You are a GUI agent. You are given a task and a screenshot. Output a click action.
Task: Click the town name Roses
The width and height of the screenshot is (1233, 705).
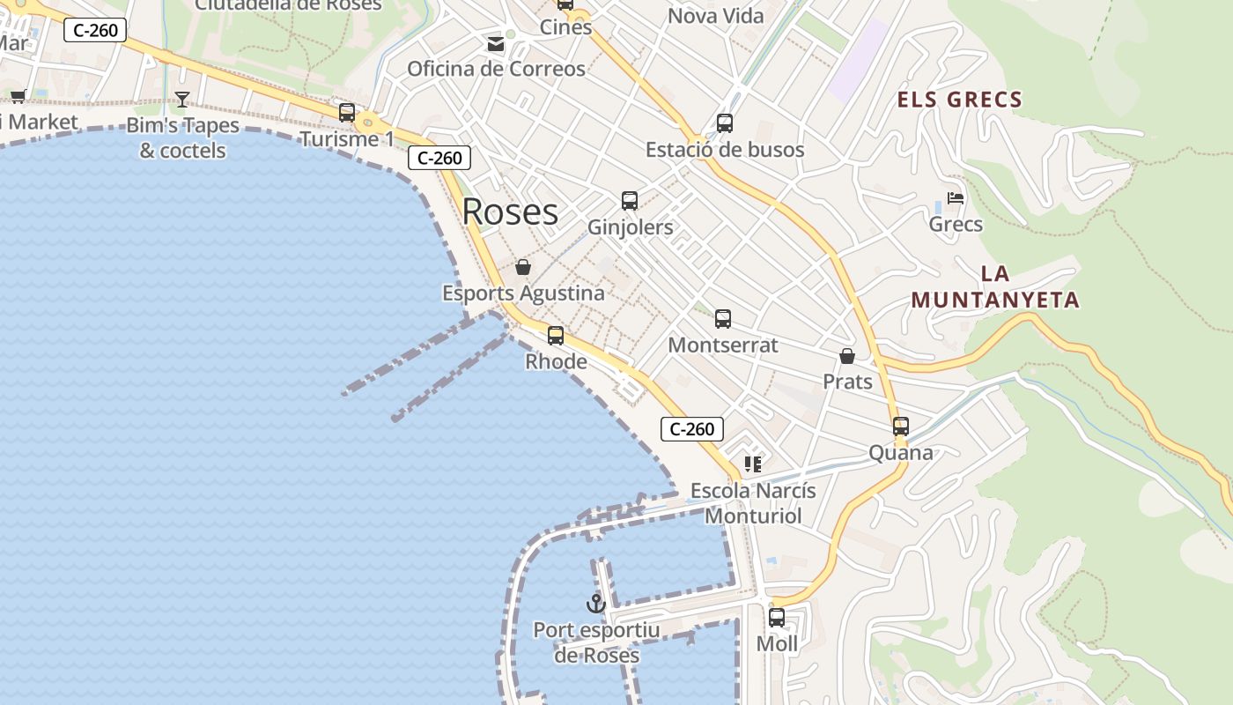point(510,212)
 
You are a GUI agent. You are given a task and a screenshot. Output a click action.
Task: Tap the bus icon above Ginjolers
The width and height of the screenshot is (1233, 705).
point(630,201)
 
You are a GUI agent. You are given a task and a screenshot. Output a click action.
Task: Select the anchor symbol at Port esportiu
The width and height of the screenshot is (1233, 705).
point(596,604)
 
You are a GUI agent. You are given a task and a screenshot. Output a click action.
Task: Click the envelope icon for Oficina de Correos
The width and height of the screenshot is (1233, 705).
point(496,43)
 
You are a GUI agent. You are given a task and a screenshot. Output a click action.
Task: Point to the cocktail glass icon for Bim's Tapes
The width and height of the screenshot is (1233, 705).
point(182,99)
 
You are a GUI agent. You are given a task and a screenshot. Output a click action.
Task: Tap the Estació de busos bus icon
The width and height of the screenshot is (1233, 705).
point(725,123)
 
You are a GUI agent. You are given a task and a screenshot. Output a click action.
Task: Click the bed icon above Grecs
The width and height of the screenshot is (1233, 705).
point(956,198)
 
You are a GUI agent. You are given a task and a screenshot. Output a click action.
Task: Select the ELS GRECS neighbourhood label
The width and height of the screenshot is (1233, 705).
point(959,100)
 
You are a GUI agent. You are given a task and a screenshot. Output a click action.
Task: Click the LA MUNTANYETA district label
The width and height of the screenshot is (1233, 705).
point(995,287)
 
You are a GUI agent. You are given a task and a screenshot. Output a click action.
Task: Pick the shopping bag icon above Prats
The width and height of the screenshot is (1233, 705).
point(847,356)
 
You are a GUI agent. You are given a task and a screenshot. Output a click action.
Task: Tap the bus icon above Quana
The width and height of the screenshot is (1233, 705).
point(900,427)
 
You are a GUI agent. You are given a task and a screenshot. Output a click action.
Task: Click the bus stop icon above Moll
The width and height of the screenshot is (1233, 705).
point(777,618)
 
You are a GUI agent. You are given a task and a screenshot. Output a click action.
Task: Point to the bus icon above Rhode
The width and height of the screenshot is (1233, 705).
point(556,336)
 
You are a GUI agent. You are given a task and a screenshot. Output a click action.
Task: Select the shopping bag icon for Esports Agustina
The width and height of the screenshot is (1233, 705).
point(523,267)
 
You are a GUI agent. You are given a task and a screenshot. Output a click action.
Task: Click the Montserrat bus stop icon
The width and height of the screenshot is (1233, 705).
point(723,319)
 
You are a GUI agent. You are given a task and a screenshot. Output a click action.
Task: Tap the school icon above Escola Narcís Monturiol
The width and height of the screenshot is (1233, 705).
point(752,464)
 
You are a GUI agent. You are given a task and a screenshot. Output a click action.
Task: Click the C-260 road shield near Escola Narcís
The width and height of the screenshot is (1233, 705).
point(692,429)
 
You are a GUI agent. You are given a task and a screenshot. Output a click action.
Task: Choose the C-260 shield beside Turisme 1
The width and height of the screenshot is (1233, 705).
point(439,158)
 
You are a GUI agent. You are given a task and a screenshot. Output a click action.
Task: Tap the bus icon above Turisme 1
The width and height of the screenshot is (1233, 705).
point(347,113)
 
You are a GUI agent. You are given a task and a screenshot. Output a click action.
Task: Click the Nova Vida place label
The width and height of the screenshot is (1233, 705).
point(716,16)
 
